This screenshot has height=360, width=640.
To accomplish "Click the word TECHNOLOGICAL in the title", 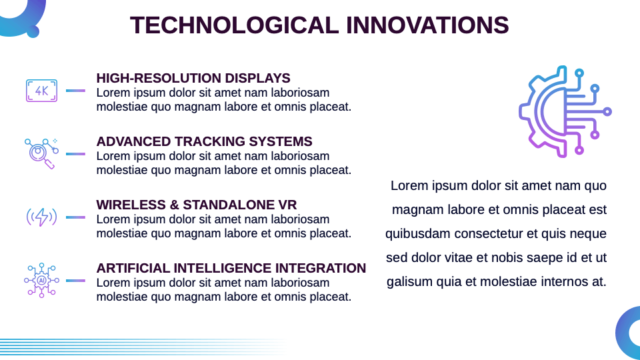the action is (x=234, y=25).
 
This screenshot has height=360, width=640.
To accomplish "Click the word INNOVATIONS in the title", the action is (x=427, y=25).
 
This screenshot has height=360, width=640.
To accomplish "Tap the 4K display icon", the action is (x=41, y=91).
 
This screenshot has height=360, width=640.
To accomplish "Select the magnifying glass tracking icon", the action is (x=41, y=153).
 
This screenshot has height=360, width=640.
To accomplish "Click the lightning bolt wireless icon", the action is (x=41, y=217).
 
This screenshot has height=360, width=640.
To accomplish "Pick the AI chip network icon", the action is (x=41, y=281).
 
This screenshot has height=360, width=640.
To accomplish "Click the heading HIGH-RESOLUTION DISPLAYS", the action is (x=193, y=78).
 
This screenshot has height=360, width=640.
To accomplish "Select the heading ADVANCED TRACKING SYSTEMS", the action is (x=204, y=141).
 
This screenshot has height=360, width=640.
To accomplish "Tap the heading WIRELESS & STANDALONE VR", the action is (x=196, y=205).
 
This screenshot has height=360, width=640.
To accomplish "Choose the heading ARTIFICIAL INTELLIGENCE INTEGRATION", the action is (x=231, y=268).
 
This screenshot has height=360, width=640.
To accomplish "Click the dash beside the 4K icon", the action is (x=75, y=91).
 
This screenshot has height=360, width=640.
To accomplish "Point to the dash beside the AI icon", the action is (x=75, y=281).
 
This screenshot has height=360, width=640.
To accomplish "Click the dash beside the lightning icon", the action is (x=75, y=217).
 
